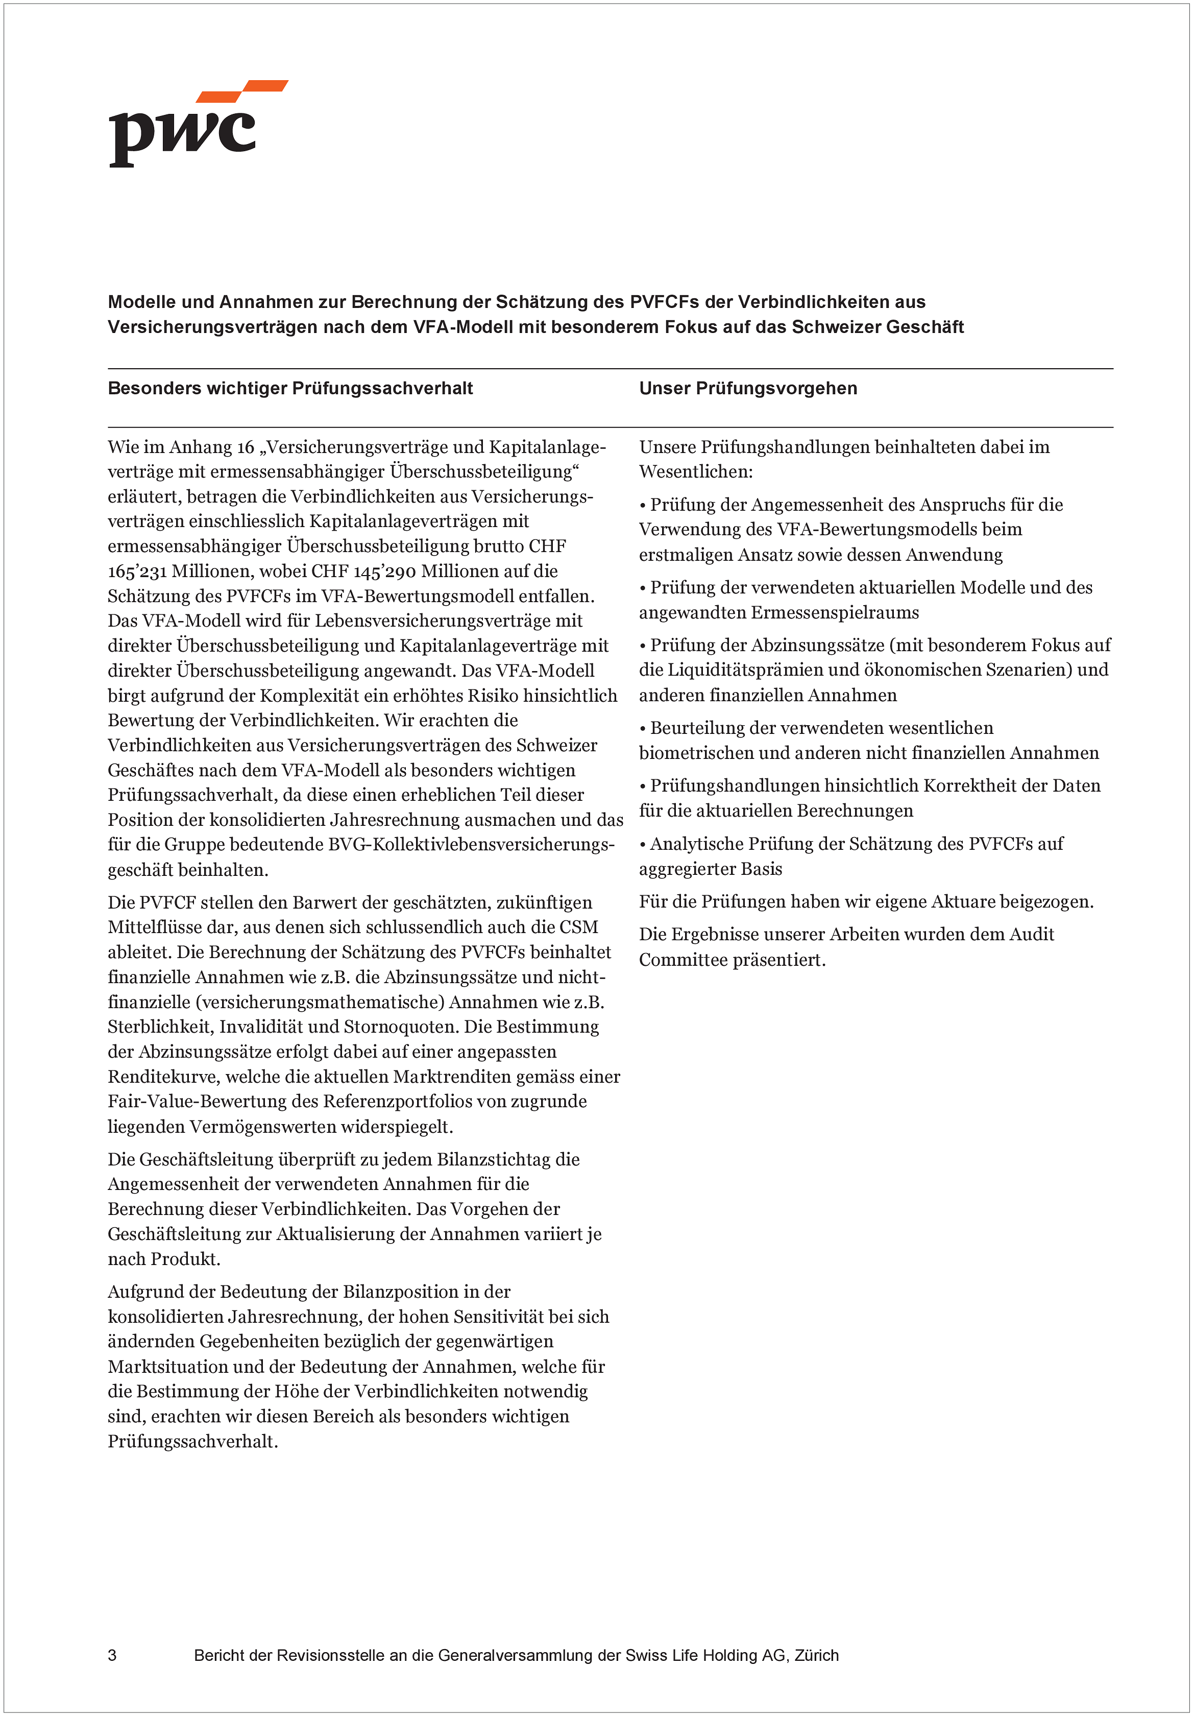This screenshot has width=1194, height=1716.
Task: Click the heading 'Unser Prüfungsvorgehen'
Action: [748, 389]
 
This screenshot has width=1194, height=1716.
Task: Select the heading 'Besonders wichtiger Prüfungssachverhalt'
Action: [290, 389]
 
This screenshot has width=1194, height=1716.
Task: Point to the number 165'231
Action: [137, 572]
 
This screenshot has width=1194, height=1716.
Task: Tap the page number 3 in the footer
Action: [112, 1655]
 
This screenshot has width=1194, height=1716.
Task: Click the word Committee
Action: [682, 960]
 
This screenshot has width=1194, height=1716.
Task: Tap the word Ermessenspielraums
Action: [835, 613]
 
